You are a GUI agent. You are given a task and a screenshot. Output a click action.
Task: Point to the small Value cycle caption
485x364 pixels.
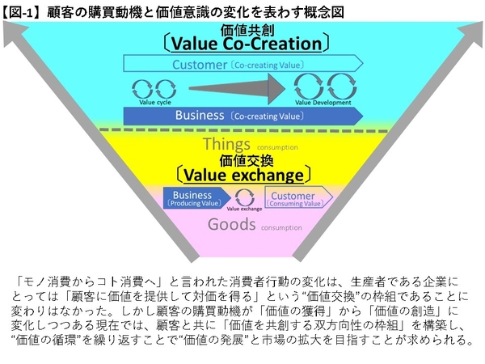click(x=153, y=103)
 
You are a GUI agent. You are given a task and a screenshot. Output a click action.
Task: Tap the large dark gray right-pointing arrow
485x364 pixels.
click(x=235, y=87)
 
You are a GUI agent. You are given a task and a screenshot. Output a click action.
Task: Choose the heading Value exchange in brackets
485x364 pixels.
click(x=242, y=174)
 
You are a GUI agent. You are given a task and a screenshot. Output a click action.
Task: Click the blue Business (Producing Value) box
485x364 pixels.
click(x=195, y=198)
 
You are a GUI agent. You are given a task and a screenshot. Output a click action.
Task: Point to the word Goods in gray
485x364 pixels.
click(x=232, y=225)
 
